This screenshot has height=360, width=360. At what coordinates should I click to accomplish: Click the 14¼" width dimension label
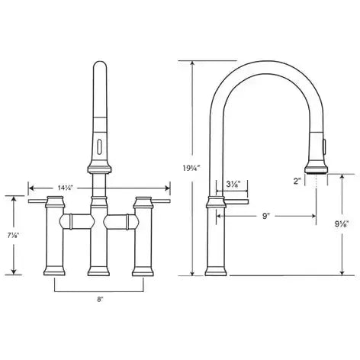66,188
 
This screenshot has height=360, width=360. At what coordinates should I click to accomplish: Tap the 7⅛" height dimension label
13,236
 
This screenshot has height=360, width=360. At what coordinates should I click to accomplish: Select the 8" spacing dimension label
101,299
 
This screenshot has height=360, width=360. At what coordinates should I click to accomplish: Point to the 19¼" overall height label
191,168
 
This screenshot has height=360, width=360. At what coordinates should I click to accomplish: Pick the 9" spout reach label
265,216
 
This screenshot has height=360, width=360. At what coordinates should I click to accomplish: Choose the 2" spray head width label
297,181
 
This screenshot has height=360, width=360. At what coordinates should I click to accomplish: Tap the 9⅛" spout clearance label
341,223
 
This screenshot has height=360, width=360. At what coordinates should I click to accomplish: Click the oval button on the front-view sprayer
99,146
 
